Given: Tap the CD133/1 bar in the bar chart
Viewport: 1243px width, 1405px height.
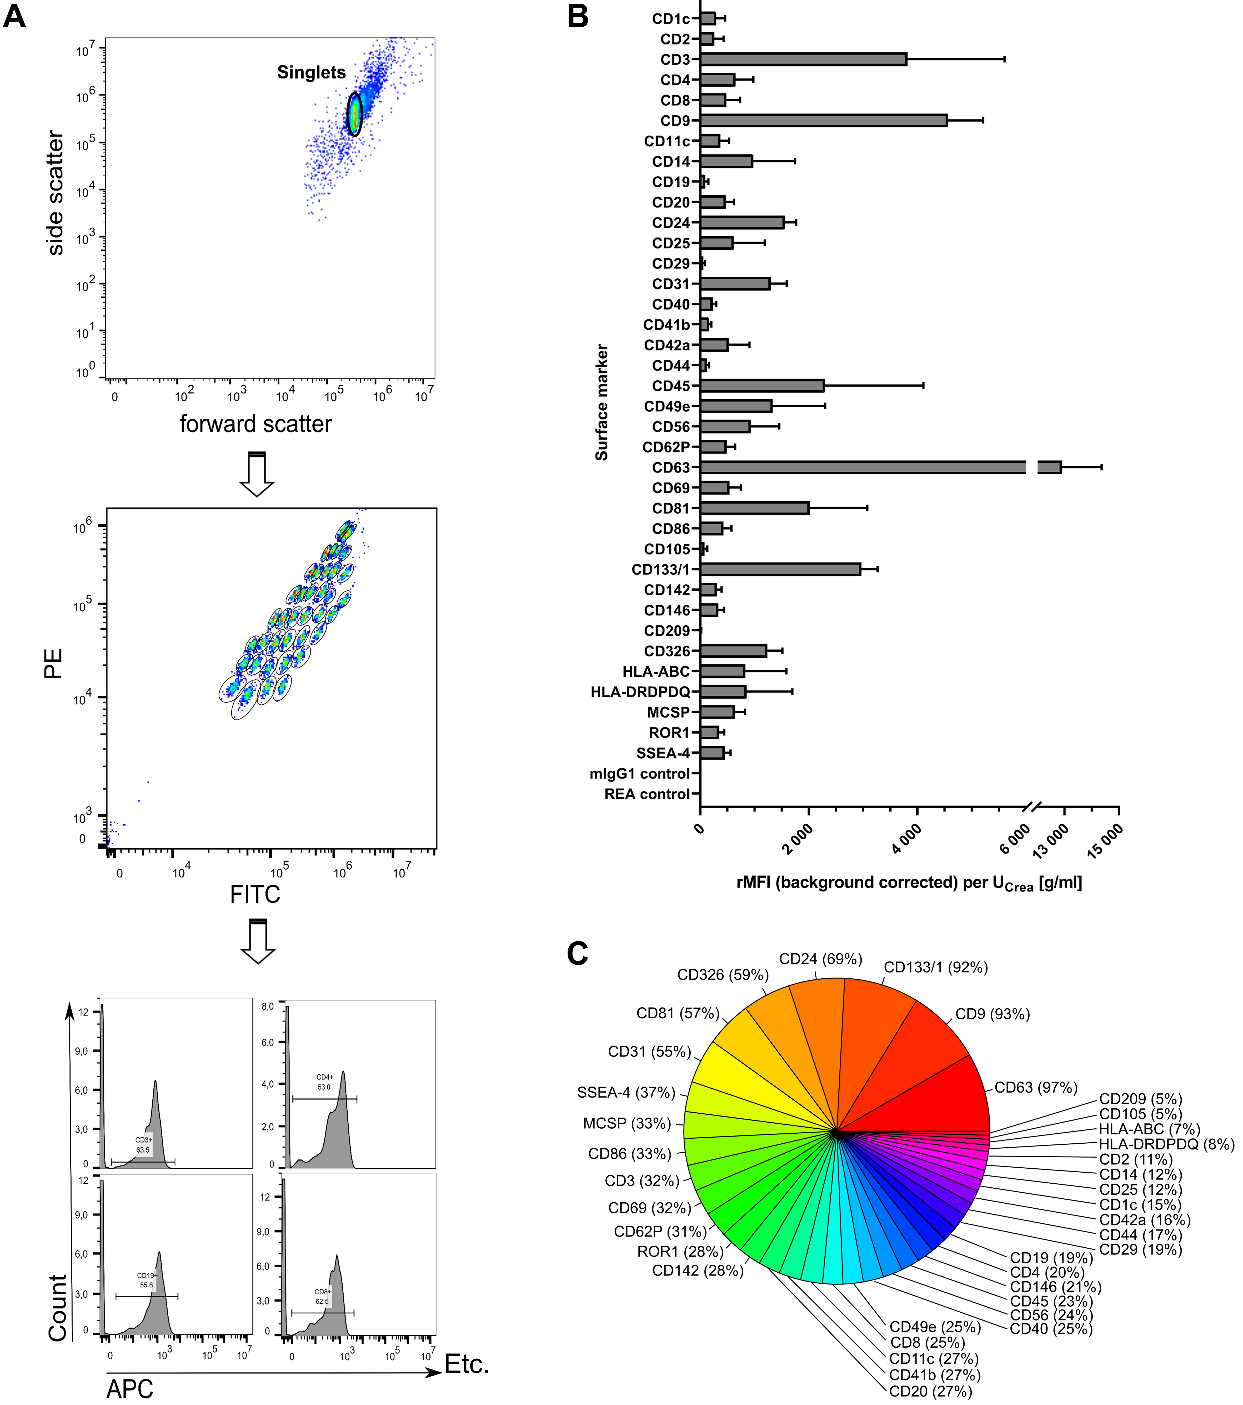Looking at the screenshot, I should coord(780,569).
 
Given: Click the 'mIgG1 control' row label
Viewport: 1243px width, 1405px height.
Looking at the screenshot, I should coord(639,773).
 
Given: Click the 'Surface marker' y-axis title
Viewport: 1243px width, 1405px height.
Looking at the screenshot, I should coord(602,402).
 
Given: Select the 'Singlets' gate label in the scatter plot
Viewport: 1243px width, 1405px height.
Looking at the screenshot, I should coord(311,72).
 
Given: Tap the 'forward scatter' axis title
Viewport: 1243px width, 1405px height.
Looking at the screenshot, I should coord(255,424).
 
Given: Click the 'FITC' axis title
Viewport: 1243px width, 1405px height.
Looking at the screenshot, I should coord(255,894).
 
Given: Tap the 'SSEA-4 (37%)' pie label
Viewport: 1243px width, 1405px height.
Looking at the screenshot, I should coord(626,1092).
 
